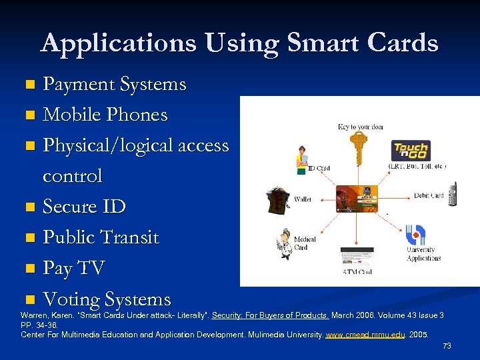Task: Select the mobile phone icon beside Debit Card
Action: click(x=453, y=193)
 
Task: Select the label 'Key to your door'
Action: click(x=361, y=127)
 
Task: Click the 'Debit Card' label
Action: click(x=429, y=195)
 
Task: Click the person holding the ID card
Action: click(x=301, y=159)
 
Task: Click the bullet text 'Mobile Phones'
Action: click(x=105, y=115)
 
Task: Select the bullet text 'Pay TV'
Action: click(x=74, y=269)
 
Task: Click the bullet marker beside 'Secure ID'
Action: click(x=29, y=207)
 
